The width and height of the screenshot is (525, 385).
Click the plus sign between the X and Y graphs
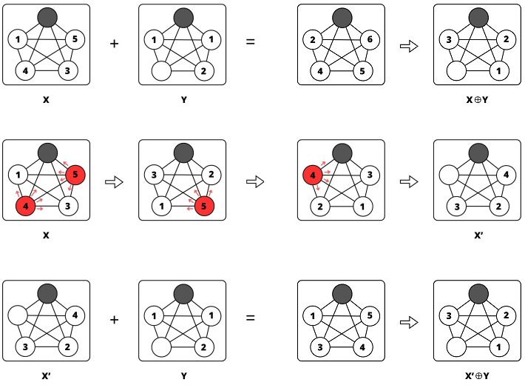pos(114,43)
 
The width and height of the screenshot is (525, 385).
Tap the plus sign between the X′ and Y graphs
pos(114,319)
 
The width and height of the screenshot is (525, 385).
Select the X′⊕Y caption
pos(477,375)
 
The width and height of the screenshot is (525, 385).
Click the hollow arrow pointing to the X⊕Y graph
pos(409,46)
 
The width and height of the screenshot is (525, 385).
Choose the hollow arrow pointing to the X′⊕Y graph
pos(409,322)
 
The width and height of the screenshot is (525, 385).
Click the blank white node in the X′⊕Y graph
pos(457,346)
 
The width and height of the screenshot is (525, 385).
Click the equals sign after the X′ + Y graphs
pos(250,319)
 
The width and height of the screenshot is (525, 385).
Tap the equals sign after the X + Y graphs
pos(250,43)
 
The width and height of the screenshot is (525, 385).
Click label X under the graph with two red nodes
pos(46,235)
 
